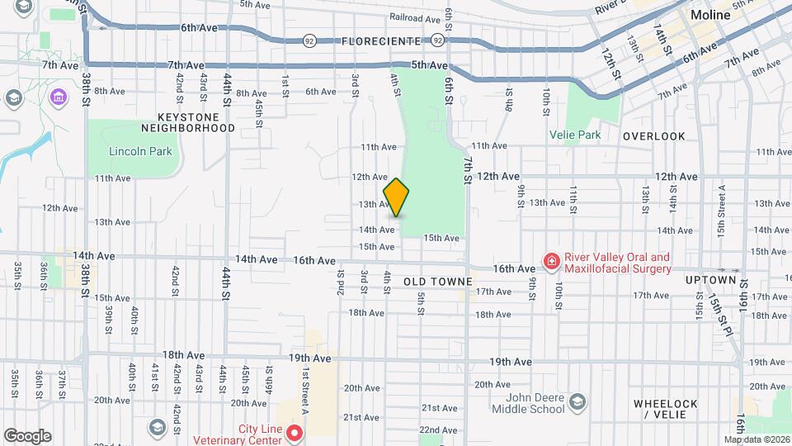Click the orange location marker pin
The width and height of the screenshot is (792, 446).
point(396,198)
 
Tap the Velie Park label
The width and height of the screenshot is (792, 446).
point(576,134)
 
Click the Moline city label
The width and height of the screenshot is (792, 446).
point(710,16)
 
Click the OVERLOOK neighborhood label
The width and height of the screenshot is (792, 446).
point(654,136)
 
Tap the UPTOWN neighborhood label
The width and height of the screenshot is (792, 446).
point(710,280)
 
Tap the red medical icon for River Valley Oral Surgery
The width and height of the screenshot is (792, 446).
point(550,262)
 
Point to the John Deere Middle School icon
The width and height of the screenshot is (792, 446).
point(576,402)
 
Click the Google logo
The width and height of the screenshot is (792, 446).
point(27,436)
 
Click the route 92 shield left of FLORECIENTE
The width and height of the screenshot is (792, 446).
point(309,40)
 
